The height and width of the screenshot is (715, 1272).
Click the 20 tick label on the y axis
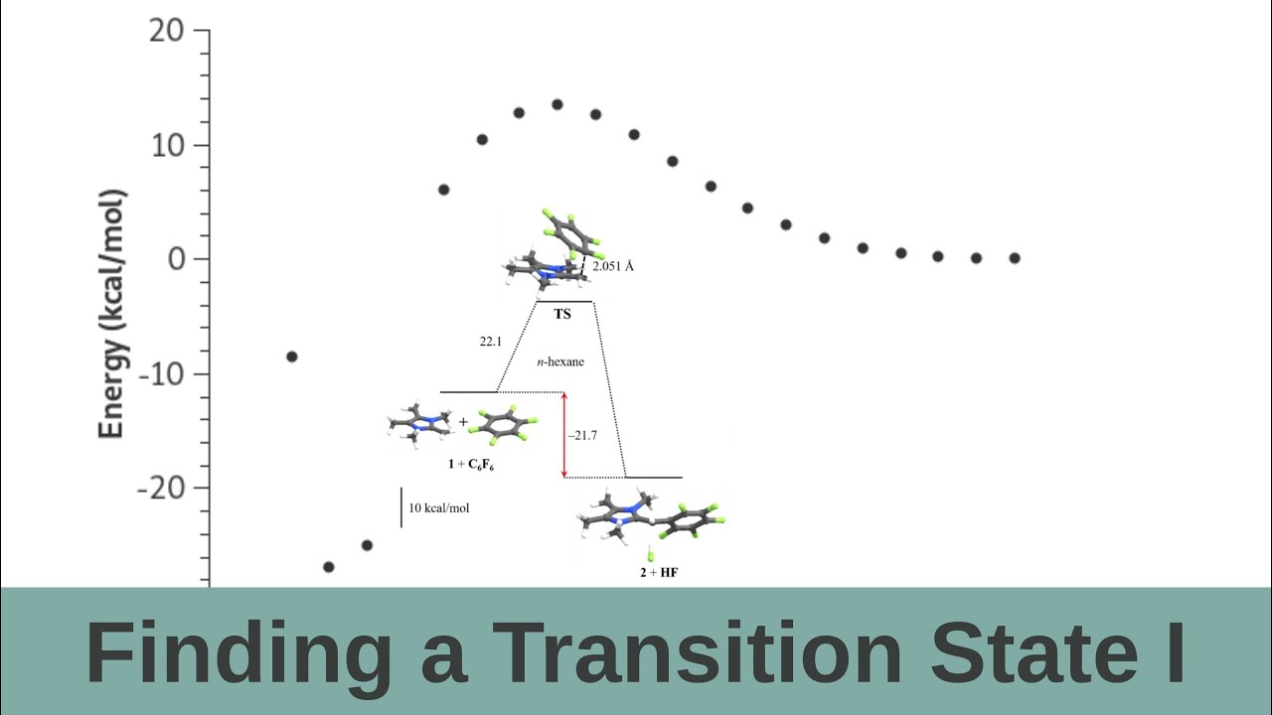pos(166,31)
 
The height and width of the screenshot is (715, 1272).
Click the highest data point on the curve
pos(556,104)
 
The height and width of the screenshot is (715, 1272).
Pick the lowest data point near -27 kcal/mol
pos(329,567)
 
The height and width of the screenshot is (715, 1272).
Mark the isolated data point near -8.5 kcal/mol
pos(291,357)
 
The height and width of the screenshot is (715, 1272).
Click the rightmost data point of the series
pos(1015,258)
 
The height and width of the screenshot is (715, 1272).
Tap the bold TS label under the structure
pos(562,314)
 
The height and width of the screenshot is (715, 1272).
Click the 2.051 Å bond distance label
pos(613,267)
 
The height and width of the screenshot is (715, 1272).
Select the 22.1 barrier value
pos(491,341)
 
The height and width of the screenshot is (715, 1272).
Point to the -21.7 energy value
pos(581,435)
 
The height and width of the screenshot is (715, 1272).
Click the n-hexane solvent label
pos(560,362)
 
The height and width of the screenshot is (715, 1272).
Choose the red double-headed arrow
pos(564,435)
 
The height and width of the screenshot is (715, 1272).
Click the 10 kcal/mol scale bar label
pos(439,508)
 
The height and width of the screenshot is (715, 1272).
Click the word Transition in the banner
pos(696,652)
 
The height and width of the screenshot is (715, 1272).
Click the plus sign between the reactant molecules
pos(463,422)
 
